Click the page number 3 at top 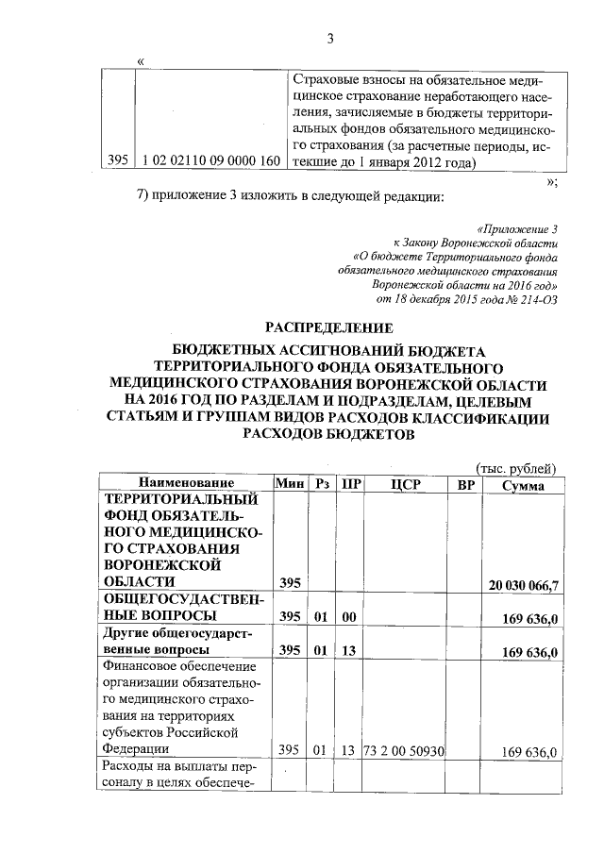click(x=330, y=39)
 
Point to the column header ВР click(x=464, y=483)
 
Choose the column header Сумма click(x=523, y=483)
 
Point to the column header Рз click(x=322, y=483)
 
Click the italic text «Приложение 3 click(x=518, y=228)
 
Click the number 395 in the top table click(x=117, y=161)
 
